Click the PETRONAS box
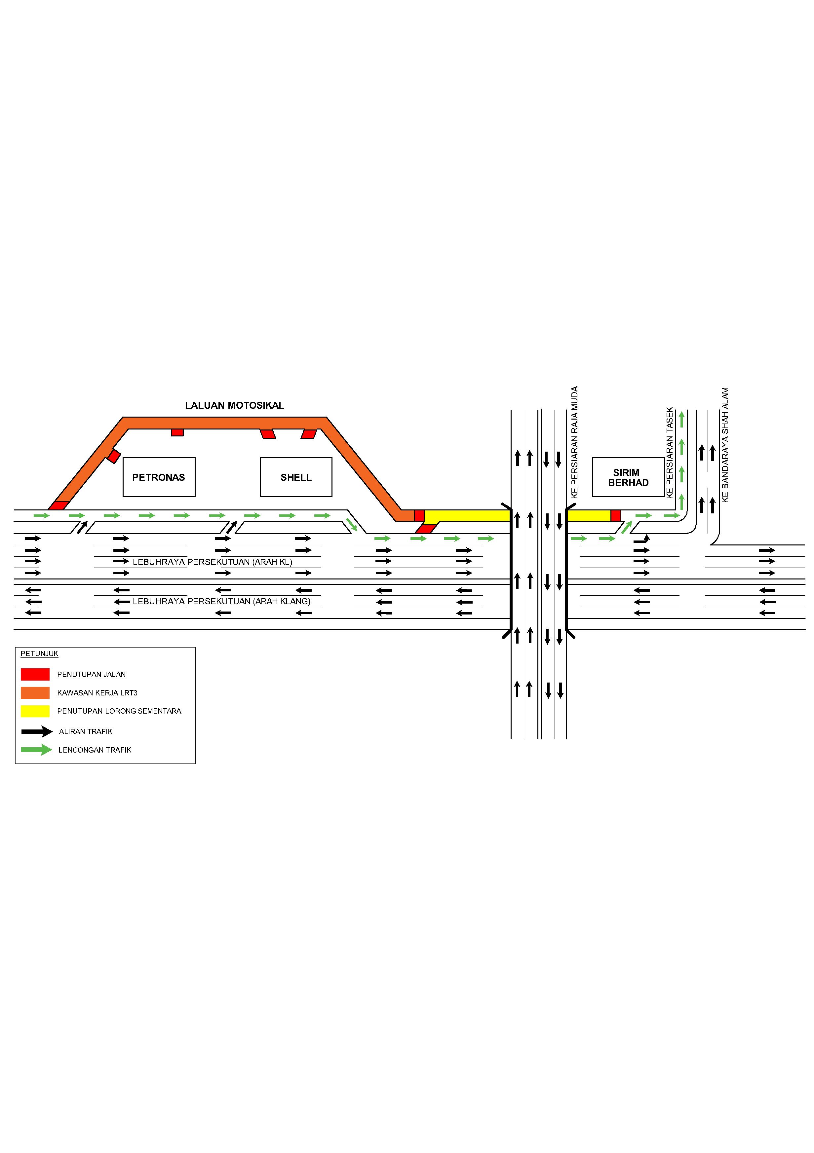coord(159,477)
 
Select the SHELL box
coord(295,477)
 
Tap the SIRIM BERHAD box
coord(628,477)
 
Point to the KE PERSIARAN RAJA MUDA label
coord(575,442)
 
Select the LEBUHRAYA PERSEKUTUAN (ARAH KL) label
coord(212,562)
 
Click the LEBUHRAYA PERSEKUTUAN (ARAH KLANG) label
coord(221,601)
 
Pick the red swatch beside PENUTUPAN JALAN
coord(35,674)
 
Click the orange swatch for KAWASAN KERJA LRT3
coord(35,692)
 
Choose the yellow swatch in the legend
coord(35,711)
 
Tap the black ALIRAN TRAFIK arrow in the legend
coord(37,731)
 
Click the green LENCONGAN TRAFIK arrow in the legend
coord(37,750)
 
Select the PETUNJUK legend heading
coord(39,653)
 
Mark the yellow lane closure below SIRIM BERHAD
coord(588,515)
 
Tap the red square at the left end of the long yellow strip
coord(419,515)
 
